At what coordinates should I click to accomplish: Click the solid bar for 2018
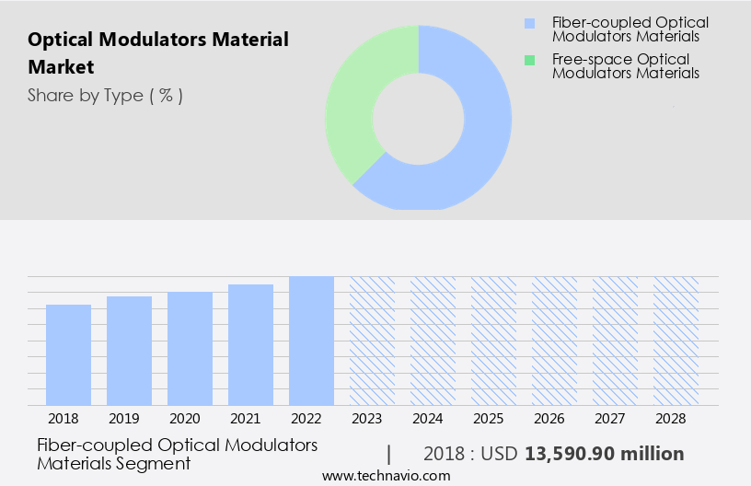point(69,354)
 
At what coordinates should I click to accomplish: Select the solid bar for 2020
point(191,348)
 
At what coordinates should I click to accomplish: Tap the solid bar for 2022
point(312,341)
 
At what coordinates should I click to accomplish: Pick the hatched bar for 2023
point(373,341)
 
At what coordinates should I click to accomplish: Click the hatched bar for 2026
point(555,341)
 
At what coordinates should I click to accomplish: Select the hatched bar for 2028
point(676,341)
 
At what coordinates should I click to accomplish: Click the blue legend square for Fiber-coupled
point(529,23)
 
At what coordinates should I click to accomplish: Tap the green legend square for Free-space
point(529,60)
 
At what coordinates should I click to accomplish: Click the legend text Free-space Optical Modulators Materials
point(625,66)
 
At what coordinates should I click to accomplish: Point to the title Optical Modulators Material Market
point(157,53)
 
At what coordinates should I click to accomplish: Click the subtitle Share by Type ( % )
point(105,96)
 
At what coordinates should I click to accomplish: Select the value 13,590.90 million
point(604,454)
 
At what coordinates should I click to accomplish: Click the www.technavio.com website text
point(386,476)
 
